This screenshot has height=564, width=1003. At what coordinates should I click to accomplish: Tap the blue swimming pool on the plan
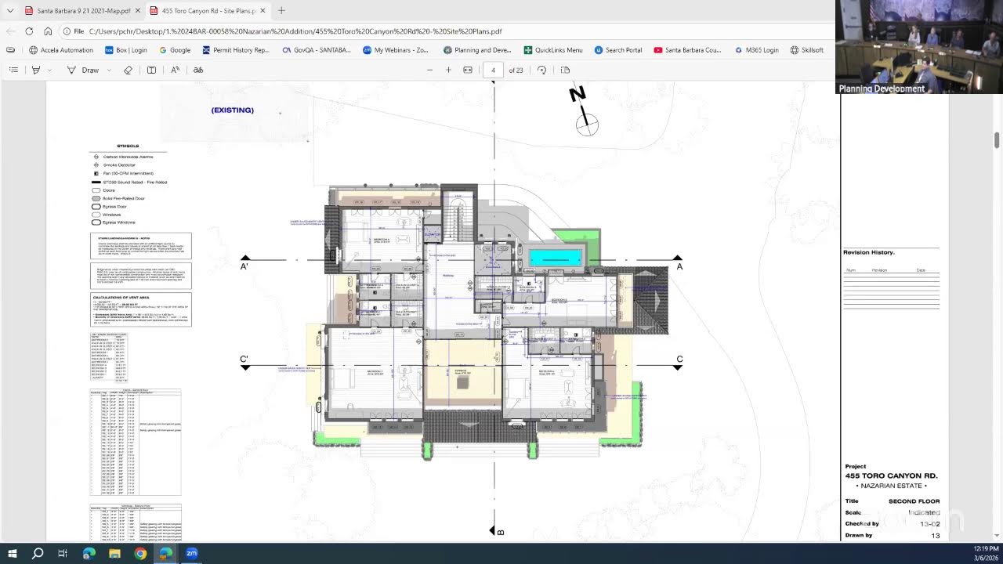(x=556, y=257)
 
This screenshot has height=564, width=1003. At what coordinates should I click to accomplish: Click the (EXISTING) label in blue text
(x=232, y=110)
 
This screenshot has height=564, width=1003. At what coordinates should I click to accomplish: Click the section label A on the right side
(x=679, y=266)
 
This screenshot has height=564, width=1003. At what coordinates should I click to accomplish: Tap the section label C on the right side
(x=679, y=360)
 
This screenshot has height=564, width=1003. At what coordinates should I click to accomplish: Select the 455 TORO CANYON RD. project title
(x=891, y=475)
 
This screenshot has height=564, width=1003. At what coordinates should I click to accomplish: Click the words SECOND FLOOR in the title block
(x=914, y=501)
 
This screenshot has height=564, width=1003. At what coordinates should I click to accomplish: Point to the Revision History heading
(x=868, y=252)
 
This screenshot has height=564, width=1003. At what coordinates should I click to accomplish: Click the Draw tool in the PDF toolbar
(x=83, y=70)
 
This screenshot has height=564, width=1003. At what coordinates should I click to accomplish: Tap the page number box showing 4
(x=493, y=70)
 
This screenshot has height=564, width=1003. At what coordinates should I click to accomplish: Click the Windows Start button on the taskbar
(x=13, y=553)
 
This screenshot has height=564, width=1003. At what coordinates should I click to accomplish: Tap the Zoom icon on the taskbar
(x=191, y=553)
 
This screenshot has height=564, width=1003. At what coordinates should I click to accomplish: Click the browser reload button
(x=29, y=31)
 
